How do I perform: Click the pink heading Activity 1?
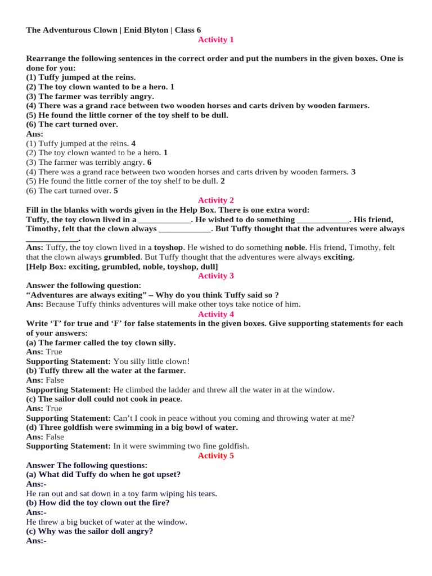click(215, 39)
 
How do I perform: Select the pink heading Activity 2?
click(215, 200)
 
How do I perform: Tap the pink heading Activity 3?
click(215, 276)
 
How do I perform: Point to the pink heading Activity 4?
click(215, 314)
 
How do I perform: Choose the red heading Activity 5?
click(215, 456)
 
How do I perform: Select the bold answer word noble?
click(295, 247)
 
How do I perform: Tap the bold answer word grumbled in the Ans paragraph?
click(122, 257)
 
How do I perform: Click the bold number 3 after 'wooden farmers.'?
click(353, 172)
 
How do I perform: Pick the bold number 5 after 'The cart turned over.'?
click(115, 191)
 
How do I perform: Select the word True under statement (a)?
click(54, 352)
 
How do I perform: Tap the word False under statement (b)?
click(55, 380)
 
